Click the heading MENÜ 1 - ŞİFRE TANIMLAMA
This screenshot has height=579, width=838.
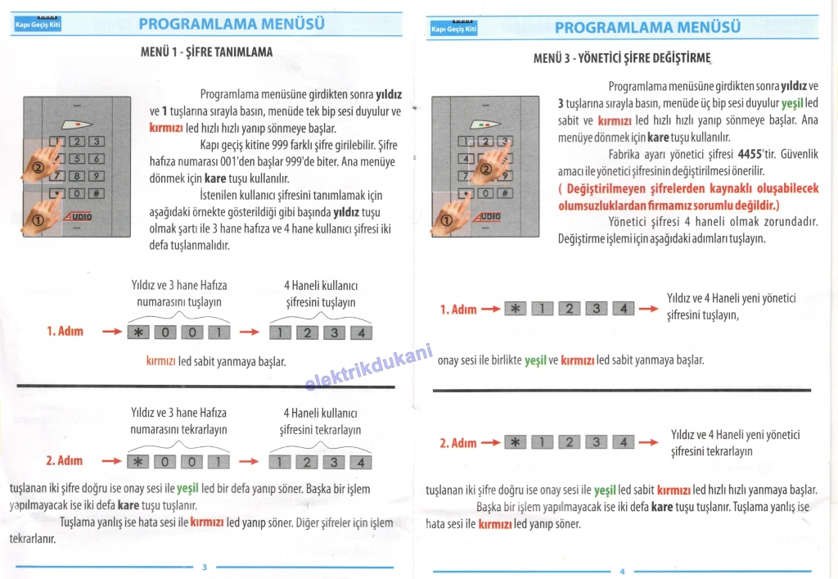pyautogui.click(x=207, y=52)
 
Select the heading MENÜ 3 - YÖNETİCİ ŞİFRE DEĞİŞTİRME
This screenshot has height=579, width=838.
pyautogui.click(x=621, y=58)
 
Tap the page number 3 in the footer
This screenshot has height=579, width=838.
pyautogui.click(x=205, y=567)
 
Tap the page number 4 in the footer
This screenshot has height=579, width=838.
pyautogui.click(x=622, y=571)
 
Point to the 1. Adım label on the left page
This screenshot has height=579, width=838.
pyautogui.click(x=65, y=332)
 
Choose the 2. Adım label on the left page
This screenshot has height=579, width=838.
pyautogui.click(x=65, y=461)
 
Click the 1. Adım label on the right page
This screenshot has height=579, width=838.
pyautogui.click(x=458, y=310)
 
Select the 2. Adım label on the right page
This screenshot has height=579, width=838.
pyautogui.click(x=458, y=443)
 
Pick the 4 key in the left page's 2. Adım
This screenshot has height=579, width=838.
pyautogui.click(x=361, y=462)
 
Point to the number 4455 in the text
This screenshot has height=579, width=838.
pyautogui.click(x=750, y=154)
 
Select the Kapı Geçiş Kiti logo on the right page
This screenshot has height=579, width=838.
pyautogui.click(x=453, y=29)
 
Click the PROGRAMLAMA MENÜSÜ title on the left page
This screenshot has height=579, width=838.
pyautogui.click(x=232, y=25)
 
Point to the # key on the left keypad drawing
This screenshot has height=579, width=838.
pyautogui.click(x=96, y=194)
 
